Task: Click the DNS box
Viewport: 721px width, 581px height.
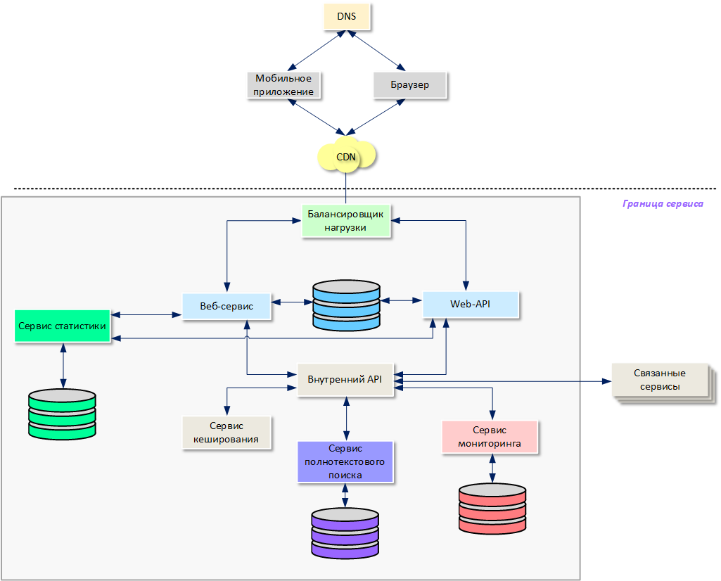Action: pyautogui.click(x=346, y=17)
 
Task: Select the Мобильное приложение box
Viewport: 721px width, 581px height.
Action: pyautogui.click(x=283, y=85)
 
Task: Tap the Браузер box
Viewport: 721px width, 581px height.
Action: pyautogui.click(x=409, y=85)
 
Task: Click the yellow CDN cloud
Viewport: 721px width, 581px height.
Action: pyautogui.click(x=346, y=157)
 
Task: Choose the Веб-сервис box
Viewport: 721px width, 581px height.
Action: pyautogui.click(x=227, y=306)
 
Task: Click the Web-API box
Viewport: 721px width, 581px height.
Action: pyautogui.click(x=470, y=305)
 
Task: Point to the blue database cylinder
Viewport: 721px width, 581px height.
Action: pyautogui.click(x=346, y=305)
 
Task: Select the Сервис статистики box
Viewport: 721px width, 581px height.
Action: pyautogui.click(x=63, y=326)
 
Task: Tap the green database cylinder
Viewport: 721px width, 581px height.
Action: pyautogui.click(x=62, y=414)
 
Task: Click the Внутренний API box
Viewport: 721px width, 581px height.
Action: pyautogui.click(x=345, y=380)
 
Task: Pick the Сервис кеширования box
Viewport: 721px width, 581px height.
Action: pyautogui.click(x=226, y=433)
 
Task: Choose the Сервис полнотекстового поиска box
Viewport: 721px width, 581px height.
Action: pyautogui.click(x=345, y=461)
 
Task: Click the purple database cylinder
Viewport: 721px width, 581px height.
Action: pyautogui.click(x=345, y=532)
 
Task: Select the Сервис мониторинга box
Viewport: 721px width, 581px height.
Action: pyautogui.click(x=490, y=437)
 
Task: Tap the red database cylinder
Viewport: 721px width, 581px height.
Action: pyautogui.click(x=492, y=508)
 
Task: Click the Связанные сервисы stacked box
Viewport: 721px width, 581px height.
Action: pyautogui.click(x=659, y=381)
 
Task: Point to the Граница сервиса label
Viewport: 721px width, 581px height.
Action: pyautogui.click(x=663, y=204)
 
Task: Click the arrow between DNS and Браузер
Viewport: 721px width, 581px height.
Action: pyautogui.click(x=378, y=51)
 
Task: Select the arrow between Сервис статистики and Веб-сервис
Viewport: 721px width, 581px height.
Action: pyautogui.click(x=146, y=314)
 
